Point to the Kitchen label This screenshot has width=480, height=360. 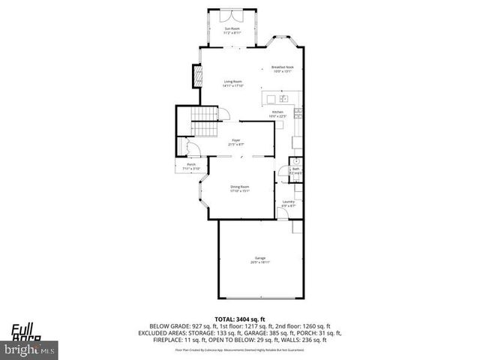coord(277,114)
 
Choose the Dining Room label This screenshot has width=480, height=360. coord(239,188)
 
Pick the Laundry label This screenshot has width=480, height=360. coord(287,202)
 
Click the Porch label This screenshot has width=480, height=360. coord(190,166)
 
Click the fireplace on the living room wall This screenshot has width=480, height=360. coord(199,76)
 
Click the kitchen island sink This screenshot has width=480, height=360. coord(283,98)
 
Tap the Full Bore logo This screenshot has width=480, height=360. coord(26,331)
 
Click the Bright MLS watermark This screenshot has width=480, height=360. coord(30,349)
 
